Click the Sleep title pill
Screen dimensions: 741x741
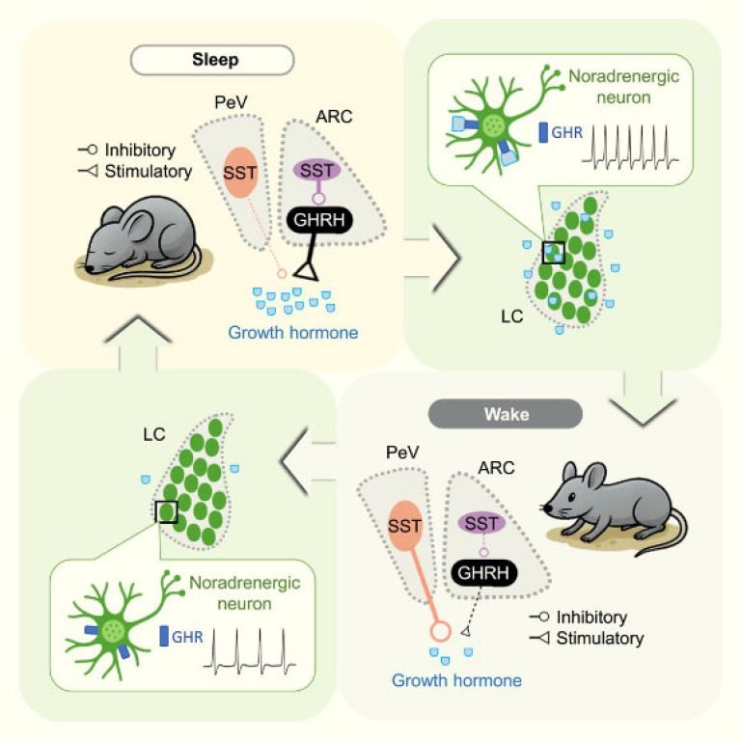(x=211, y=61)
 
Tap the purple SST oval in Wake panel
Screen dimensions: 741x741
(x=482, y=522)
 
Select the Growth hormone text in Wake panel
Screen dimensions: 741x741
(x=456, y=681)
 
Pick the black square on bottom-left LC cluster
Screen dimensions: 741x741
(x=166, y=510)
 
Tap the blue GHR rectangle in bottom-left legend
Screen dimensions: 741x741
(x=163, y=636)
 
